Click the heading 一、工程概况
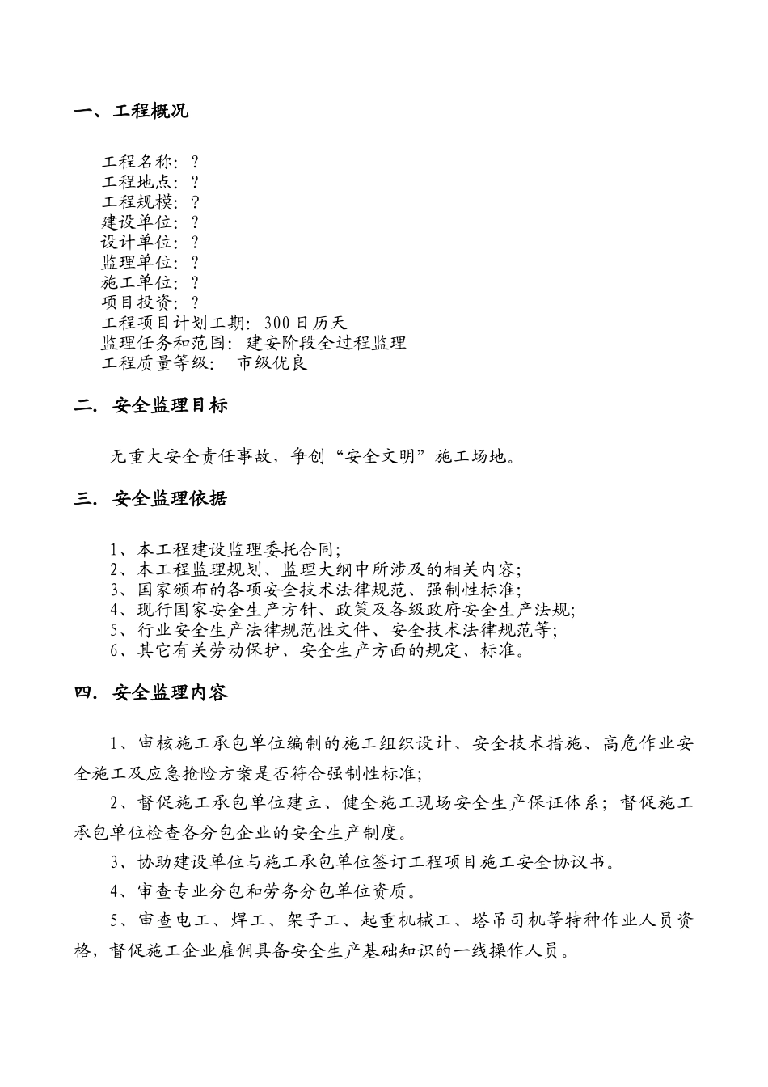click(x=131, y=112)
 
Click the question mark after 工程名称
click(x=195, y=163)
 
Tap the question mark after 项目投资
click(x=195, y=303)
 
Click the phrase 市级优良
click(x=272, y=363)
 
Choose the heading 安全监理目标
click(x=171, y=406)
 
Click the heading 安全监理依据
click(x=171, y=499)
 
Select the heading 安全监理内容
click(x=171, y=693)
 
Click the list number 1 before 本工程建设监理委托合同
click(x=116, y=549)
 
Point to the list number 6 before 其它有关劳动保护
click(x=116, y=650)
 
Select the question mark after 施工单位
click(x=195, y=283)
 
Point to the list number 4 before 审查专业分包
click(x=116, y=892)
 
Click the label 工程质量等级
click(x=154, y=363)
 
